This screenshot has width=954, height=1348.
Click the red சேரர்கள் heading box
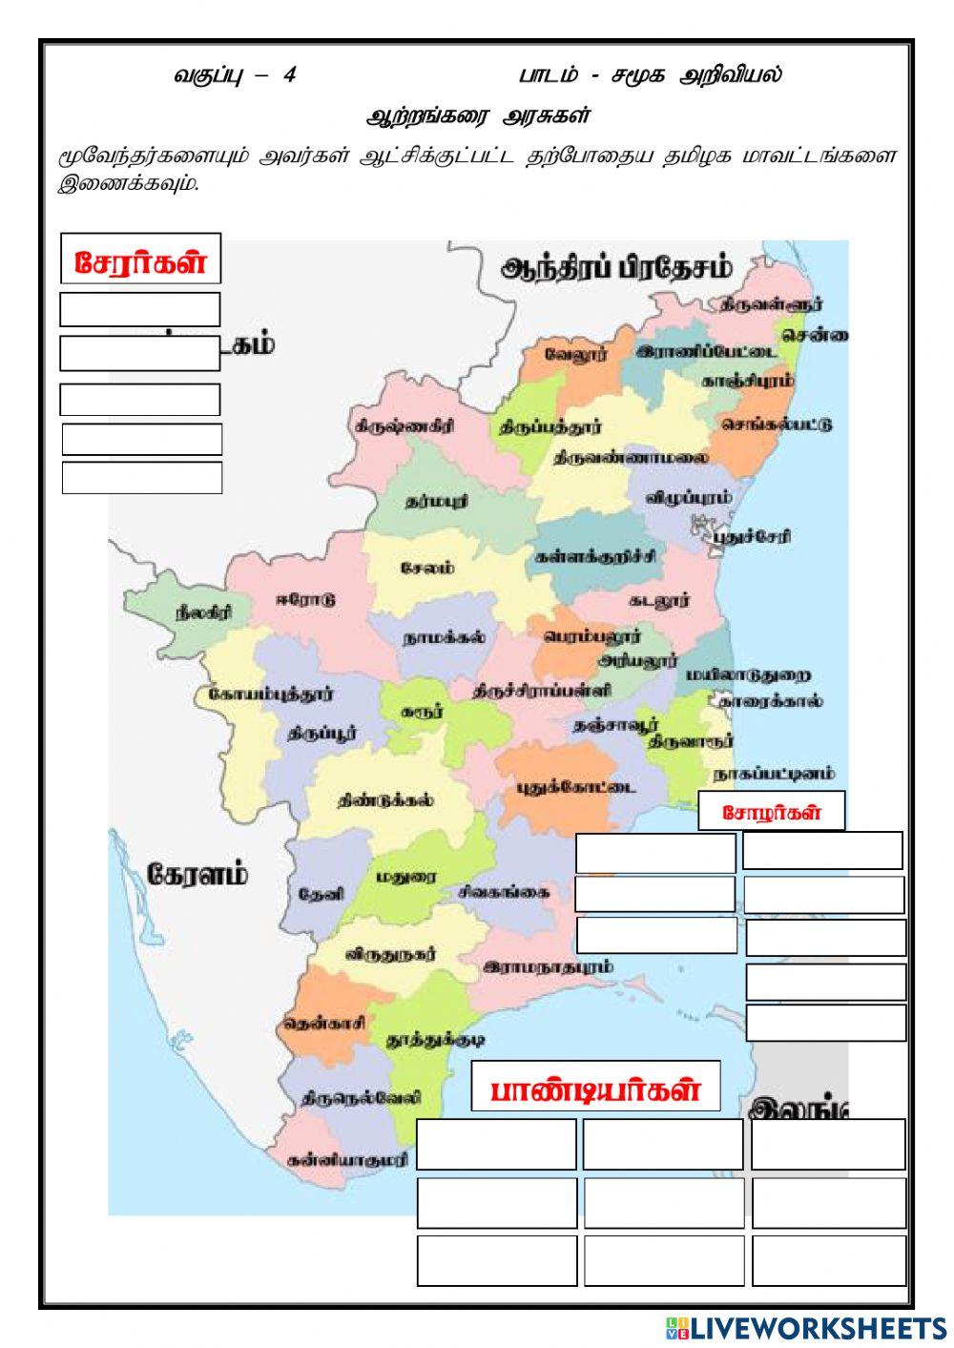click(x=140, y=260)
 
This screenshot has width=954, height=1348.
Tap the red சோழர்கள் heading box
click(x=771, y=812)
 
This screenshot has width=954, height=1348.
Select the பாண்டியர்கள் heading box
click(x=595, y=1088)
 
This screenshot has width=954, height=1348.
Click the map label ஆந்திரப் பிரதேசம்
click(x=616, y=268)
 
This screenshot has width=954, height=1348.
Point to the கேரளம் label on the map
click(x=197, y=874)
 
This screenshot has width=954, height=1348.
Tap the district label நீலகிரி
click(x=202, y=613)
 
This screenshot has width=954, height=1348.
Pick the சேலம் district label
click(x=426, y=568)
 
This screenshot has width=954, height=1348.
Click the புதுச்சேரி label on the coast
click(x=751, y=536)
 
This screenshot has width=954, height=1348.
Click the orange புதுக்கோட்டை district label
click(x=576, y=788)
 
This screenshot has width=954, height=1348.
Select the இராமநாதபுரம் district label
click(x=548, y=966)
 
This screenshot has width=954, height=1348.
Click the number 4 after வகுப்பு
click(x=289, y=75)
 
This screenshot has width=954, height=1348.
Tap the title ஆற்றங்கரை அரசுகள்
click(x=479, y=116)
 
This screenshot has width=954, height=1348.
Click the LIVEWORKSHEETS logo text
click(x=817, y=1327)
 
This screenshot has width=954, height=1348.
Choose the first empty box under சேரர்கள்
click(x=140, y=309)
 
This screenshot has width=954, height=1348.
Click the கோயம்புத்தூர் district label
click(x=271, y=694)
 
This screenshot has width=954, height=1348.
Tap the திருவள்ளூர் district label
click(x=771, y=304)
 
